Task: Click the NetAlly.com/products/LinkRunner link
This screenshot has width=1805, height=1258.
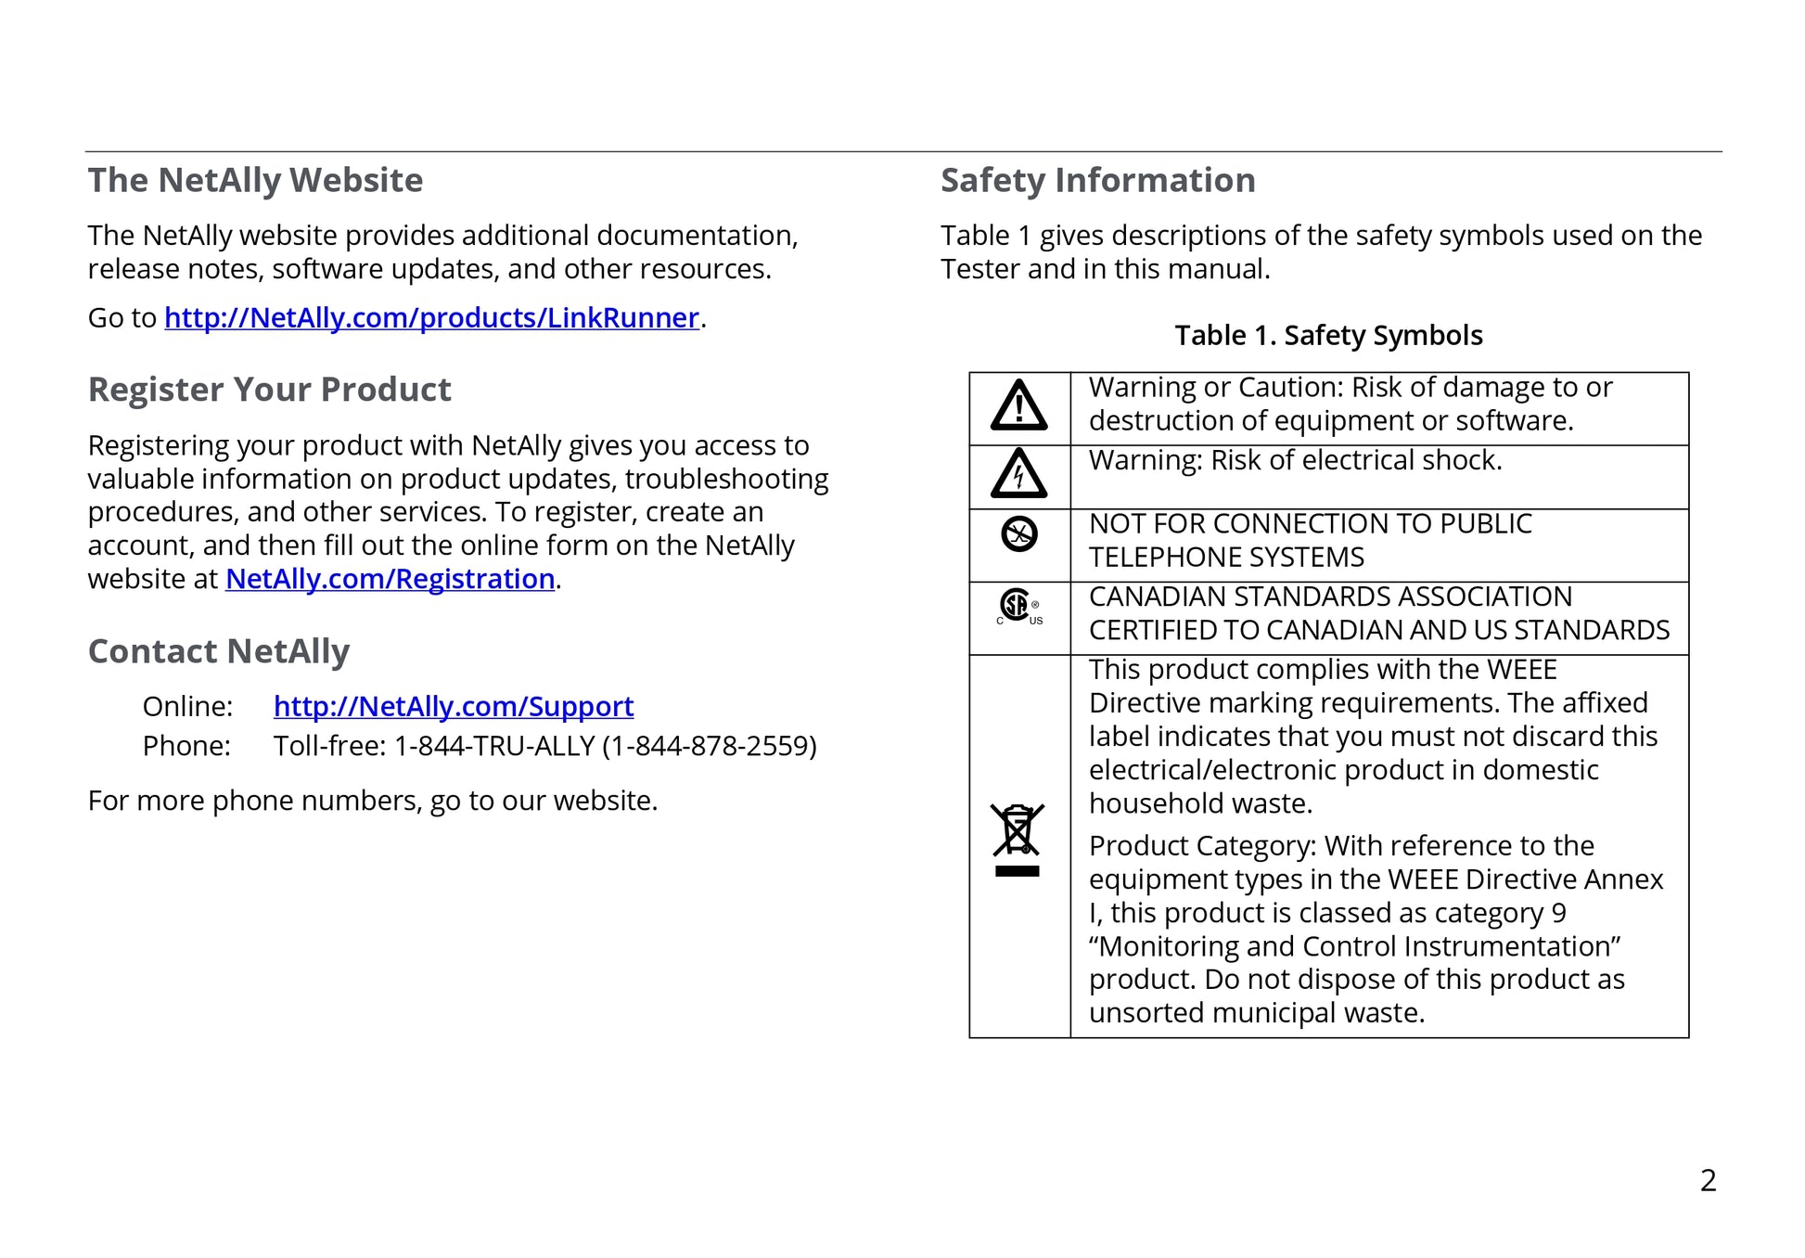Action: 431,318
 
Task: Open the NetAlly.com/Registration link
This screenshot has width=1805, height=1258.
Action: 390,579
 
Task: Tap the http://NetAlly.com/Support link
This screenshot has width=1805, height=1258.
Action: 453,707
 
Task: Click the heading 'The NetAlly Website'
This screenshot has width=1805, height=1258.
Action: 255,180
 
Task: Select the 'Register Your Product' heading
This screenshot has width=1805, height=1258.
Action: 269,390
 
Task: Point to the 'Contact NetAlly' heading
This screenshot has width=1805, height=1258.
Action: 218,651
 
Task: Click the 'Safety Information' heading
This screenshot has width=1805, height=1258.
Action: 1097,180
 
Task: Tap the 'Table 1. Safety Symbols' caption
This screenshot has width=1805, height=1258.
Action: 1328,335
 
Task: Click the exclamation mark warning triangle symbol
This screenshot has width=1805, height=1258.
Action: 1018,406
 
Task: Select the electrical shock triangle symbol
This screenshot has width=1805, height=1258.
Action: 1018,475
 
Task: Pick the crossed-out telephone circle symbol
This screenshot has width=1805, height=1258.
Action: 1019,533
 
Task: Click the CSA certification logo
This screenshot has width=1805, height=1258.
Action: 1018,608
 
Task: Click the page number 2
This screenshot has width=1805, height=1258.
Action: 1708,1180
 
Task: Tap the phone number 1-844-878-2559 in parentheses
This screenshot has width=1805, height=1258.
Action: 709,746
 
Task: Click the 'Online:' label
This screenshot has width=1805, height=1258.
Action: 187,707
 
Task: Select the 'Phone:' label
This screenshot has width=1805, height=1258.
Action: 186,746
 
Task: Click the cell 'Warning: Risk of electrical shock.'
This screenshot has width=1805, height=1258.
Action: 1295,460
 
